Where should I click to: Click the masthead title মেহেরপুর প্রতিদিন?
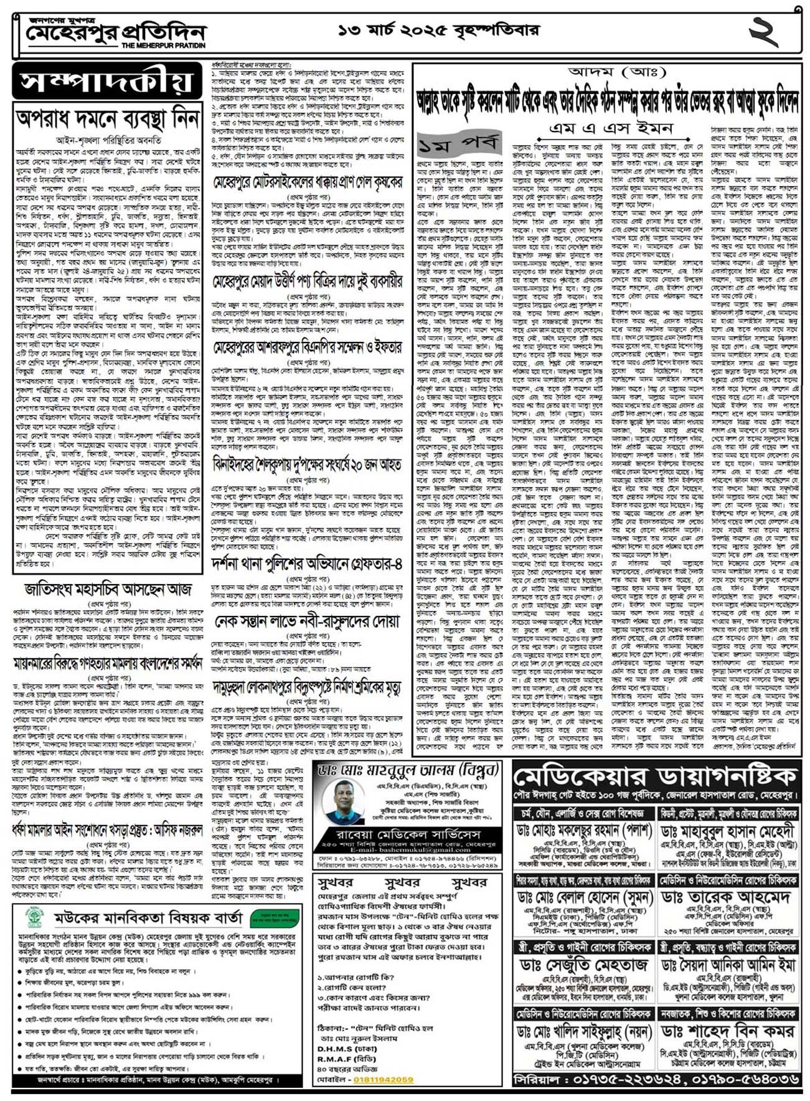click(115, 32)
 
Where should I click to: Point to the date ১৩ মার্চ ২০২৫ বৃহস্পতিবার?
click(439, 29)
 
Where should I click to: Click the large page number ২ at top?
click(763, 32)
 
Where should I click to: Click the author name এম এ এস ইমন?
click(611, 128)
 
